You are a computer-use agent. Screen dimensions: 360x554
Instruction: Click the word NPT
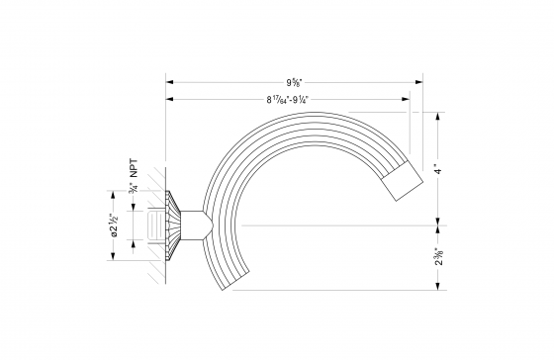pyautogui.click(x=133, y=170)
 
